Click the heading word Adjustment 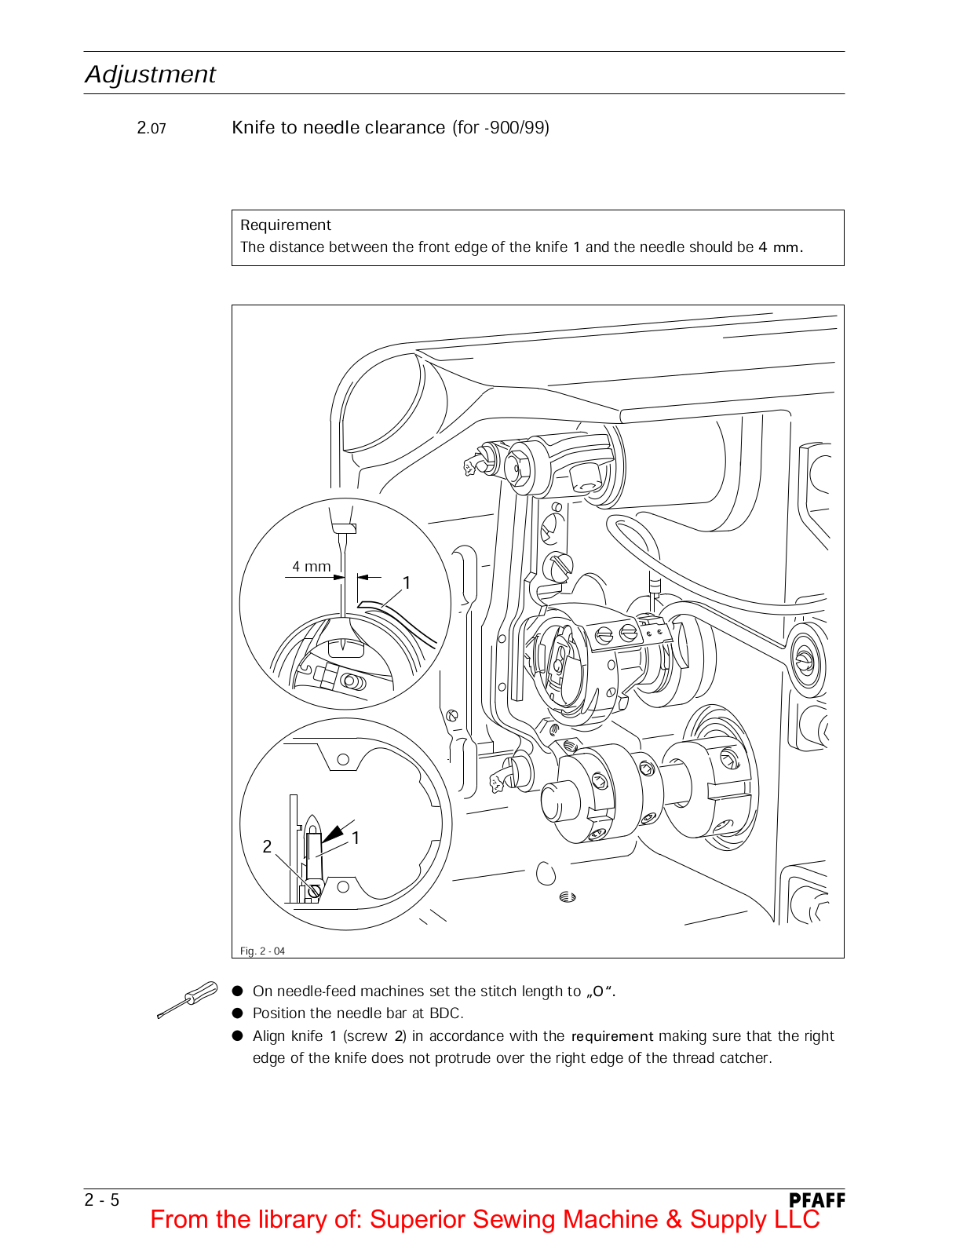[x=150, y=74]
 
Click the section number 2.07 [x=151, y=128]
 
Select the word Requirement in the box [x=286, y=225]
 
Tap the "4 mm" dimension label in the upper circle [x=312, y=566]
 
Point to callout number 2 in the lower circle [x=267, y=846]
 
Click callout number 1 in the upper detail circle [x=407, y=582]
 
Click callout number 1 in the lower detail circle [x=356, y=838]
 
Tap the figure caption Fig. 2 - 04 [x=262, y=951]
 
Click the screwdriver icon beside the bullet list [x=188, y=999]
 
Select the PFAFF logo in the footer [x=816, y=1200]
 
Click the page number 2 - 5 [x=102, y=1200]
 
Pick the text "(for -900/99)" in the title [x=501, y=127]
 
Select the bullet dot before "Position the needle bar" [x=238, y=1013]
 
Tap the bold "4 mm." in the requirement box [x=780, y=247]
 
